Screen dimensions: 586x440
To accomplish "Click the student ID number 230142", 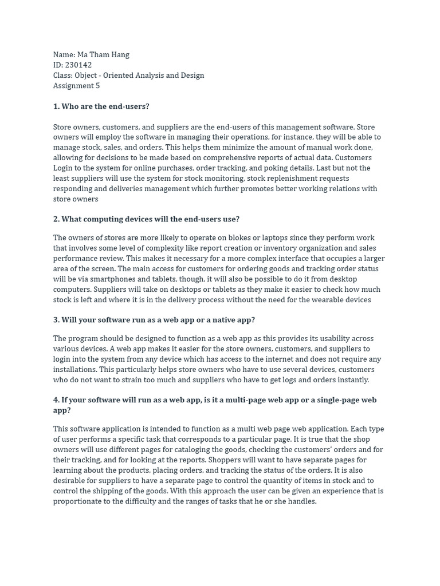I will [x=78, y=65].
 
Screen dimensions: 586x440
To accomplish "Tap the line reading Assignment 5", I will [x=76, y=86].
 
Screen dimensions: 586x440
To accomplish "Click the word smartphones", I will [x=98, y=279].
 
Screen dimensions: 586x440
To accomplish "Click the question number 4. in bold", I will [x=57, y=400].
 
